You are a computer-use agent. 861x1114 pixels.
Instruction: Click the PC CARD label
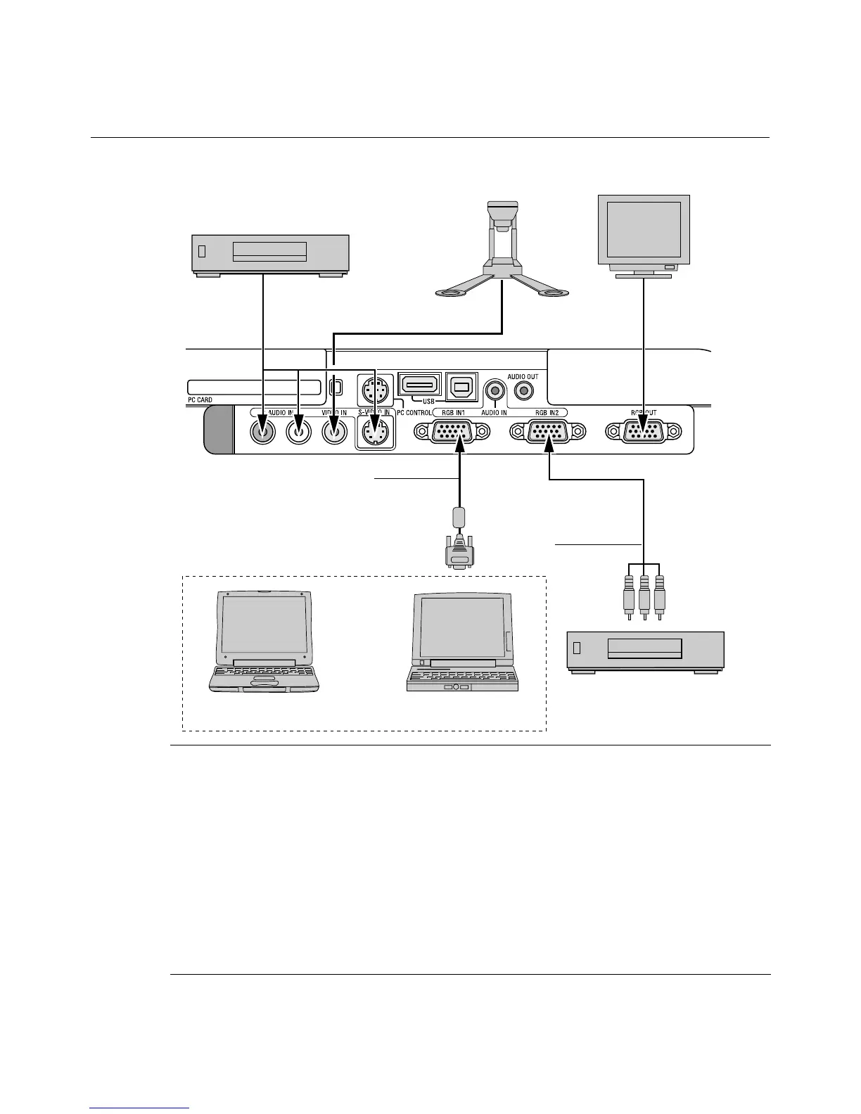click(200, 399)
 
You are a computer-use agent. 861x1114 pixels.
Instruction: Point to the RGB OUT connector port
click(643, 432)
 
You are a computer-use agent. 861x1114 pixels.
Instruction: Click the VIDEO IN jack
click(335, 431)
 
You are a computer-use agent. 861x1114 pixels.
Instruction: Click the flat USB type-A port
click(420, 385)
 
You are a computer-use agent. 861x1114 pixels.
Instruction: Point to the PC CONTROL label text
click(414, 413)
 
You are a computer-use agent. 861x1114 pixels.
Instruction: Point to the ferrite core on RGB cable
click(459, 517)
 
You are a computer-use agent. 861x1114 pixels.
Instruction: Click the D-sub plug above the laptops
click(459, 553)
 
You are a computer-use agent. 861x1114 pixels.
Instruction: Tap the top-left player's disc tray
click(269, 251)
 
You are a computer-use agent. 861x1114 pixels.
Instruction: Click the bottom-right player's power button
click(577, 648)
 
